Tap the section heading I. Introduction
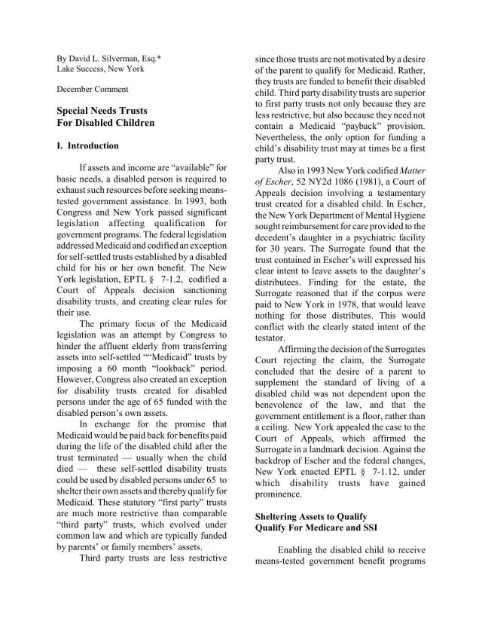tap(88, 145)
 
